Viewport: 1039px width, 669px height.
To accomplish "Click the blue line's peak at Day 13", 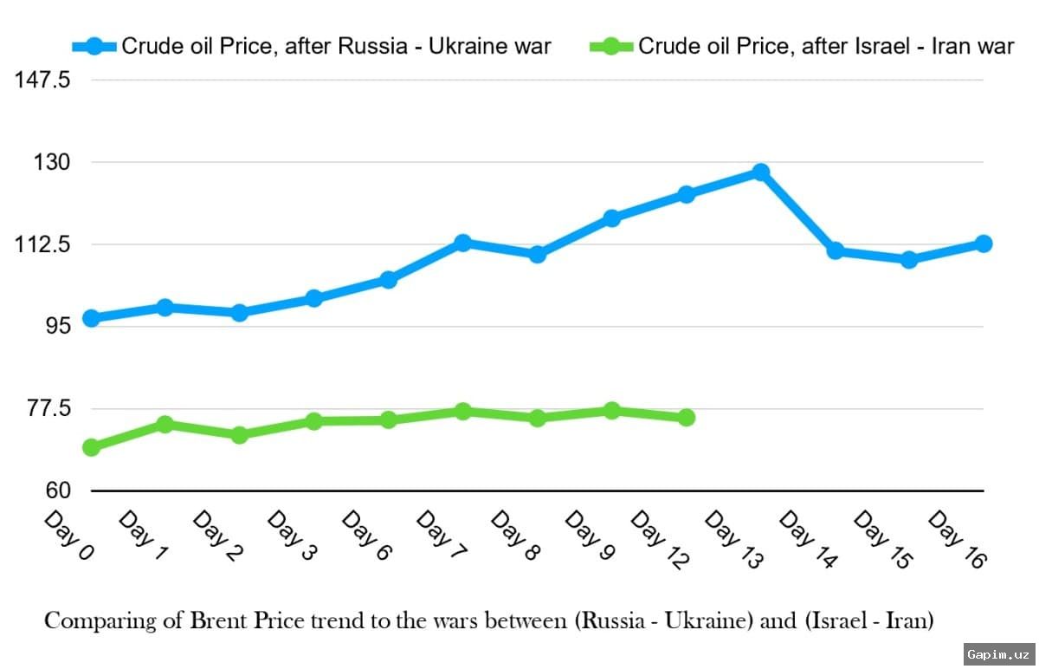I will [x=760, y=172].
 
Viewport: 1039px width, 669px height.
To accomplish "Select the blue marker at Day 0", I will [x=91, y=318].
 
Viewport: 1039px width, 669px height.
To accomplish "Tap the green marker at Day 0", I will [x=91, y=447].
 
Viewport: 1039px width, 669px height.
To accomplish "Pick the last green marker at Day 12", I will [x=686, y=418].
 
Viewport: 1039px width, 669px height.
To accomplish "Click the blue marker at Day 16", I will [x=984, y=244].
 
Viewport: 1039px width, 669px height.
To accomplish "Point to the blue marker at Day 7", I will [x=462, y=242].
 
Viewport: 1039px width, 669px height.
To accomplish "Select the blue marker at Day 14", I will [x=835, y=250].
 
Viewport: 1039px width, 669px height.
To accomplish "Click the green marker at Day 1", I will [x=165, y=424].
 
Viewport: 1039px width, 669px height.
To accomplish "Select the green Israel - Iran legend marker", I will [x=610, y=46].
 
